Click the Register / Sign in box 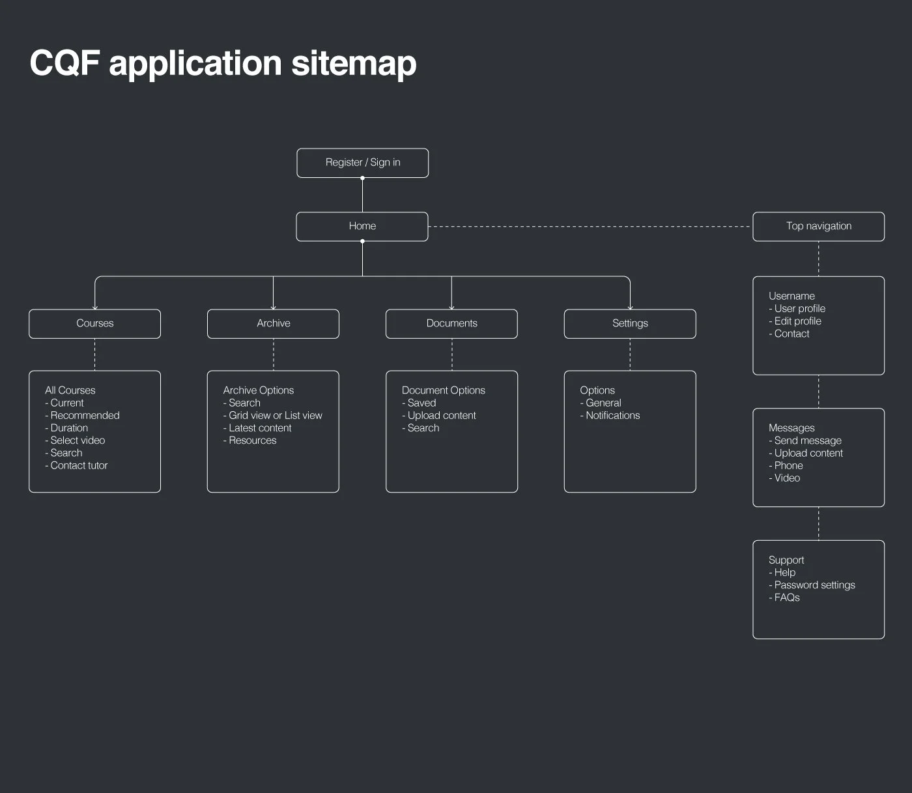pos(362,163)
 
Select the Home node pos(362,227)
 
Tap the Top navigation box pos(818,227)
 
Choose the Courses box pos(94,324)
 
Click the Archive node pos(273,324)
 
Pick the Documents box pos(451,324)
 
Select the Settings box pos(630,324)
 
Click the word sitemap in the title pos(354,64)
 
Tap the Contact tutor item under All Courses pos(79,465)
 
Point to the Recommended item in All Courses pos(85,415)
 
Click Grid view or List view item pos(275,415)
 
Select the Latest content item pos(260,428)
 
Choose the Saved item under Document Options pos(421,403)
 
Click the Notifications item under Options pos(612,415)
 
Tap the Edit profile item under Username pos(797,321)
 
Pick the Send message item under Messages pos(808,440)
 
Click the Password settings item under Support pos(814,585)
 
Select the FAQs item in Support pos(787,598)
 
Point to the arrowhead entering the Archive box pos(273,307)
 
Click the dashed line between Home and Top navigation pos(590,227)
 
